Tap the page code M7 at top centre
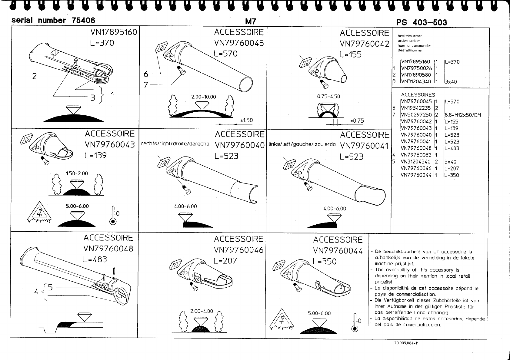pyautogui.click(x=251, y=21)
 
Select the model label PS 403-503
pyautogui.click(x=421, y=22)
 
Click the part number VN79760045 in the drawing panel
pyautogui.click(x=239, y=43)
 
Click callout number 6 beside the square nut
pyautogui.click(x=146, y=74)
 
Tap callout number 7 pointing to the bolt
pyautogui.click(x=146, y=85)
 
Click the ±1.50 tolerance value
pyautogui.click(x=246, y=121)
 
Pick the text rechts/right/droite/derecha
pyautogui.click(x=175, y=144)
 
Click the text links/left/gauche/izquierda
pyautogui.click(x=302, y=144)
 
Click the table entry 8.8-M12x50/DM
pyautogui.click(x=463, y=115)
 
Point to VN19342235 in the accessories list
pyautogui.click(x=416, y=108)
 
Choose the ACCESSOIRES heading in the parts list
pyautogui.click(x=418, y=95)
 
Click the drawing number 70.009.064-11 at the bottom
pyautogui.click(x=407, y=343)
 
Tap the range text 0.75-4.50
pyautogui.click(x=328, y=97)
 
